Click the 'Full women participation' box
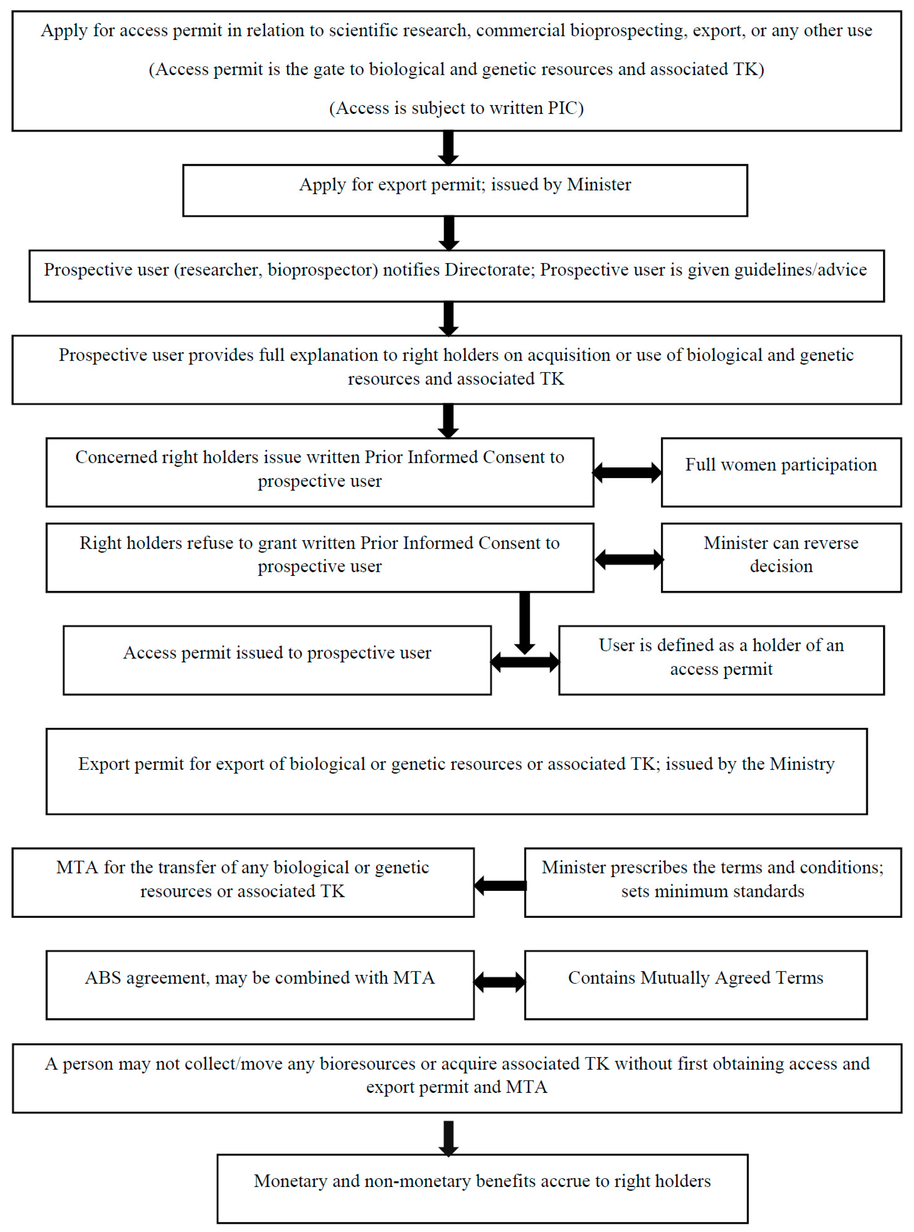781,472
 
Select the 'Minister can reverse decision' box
781,557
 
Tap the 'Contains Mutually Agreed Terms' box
696,985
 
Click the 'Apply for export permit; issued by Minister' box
465,190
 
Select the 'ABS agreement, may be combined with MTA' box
260,985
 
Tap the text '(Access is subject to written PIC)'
456,108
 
